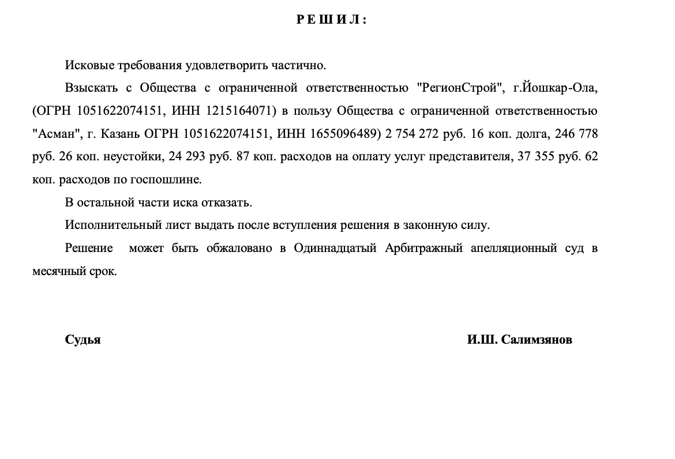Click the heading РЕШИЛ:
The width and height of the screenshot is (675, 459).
332,20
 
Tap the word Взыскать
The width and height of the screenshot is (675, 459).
92,88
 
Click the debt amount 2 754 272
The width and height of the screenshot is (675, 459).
414,134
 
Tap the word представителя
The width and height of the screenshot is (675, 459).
464,157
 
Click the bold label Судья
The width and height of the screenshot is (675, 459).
82,340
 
